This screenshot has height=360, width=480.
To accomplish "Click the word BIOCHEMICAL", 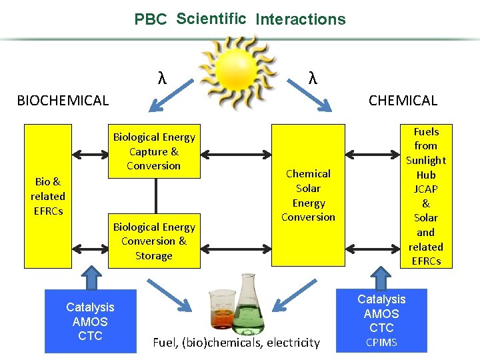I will [63, 101].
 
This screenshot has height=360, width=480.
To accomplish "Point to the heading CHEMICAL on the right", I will [403, 101].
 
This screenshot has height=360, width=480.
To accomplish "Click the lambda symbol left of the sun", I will [162, 79].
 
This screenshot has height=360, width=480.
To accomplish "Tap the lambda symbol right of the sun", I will [313, 78].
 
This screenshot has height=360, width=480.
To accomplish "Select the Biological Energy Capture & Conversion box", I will [154, 151].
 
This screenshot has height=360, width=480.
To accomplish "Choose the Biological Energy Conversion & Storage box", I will [154, 241].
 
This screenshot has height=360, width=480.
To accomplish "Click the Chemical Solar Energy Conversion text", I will [308, 195].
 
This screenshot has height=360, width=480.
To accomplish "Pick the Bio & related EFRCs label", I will [48, 196].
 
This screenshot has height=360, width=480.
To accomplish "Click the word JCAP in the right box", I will [426, 189].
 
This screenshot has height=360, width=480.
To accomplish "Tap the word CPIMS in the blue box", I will [381, 343].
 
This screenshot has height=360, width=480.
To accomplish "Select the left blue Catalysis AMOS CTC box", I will [90, 321].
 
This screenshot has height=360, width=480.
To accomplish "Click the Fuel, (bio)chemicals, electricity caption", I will [237, 343].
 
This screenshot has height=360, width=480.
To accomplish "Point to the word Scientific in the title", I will [211, 19].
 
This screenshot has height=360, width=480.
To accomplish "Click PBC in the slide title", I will [151, 19].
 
